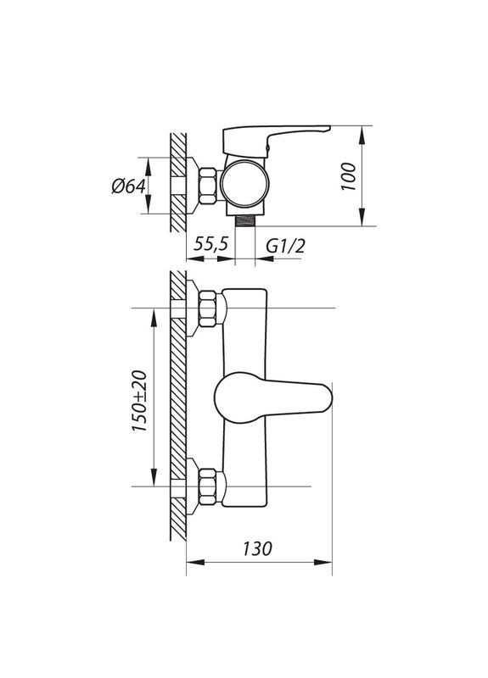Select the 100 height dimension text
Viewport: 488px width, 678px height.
pyautogui.click(x=347, y=178)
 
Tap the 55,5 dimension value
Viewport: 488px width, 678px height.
pyautogui.click(x=210, y=244)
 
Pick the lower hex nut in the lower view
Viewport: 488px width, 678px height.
pyautogui.click(x=209, y=486)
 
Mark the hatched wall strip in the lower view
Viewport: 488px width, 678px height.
pyautogui.click(x=178, y=407)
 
